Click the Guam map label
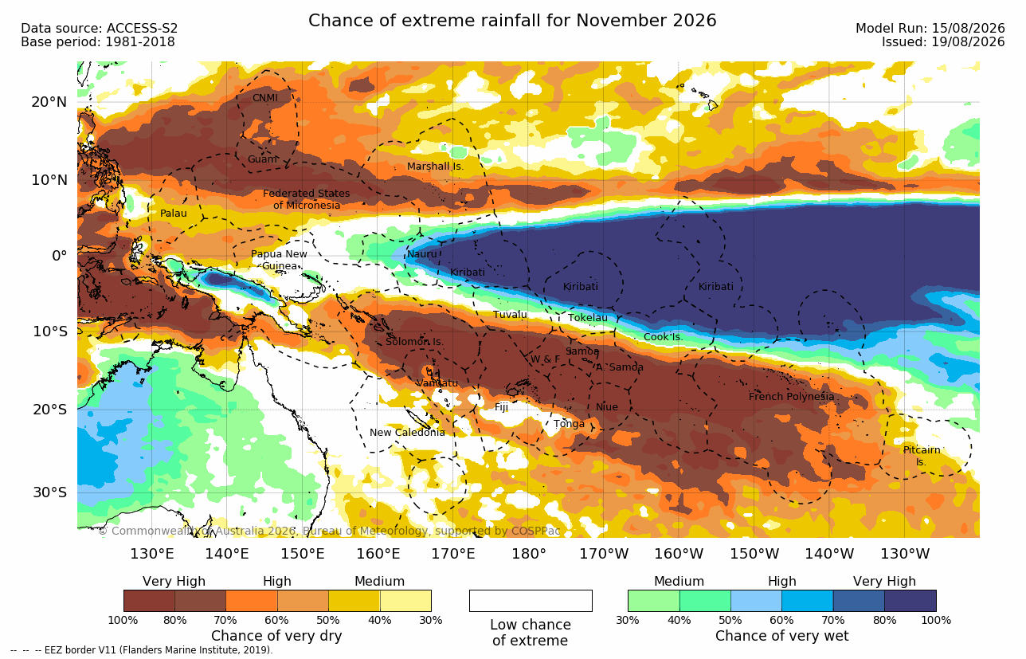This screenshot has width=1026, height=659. [x=262, y=159]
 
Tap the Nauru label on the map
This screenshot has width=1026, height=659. [x=421, y=254]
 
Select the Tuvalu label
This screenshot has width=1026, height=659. [x=510, y=315]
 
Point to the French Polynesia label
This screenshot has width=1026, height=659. [x=791, y=396]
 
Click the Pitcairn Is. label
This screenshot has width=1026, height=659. [x=922, y=456]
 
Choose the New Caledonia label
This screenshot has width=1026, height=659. [x=407, y=432]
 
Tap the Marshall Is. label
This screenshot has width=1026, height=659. [x=435, y=167]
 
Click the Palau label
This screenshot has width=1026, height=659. [x=173, y=213]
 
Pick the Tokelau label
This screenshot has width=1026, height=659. [x=588, y=318]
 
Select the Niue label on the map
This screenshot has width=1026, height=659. [x=606, y=406]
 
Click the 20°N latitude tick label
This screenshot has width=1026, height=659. [x=49, y=102]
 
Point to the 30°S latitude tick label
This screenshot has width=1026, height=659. [x=49, y=492]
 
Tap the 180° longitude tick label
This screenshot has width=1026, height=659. [x=529, y=554]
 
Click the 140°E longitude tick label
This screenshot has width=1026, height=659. [x=227, y=554]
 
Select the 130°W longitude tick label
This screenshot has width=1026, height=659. [x=905, y=554]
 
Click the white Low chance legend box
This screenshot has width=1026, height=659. [x=531, y=600]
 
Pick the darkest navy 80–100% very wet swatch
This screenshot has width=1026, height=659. [x=910, y=600]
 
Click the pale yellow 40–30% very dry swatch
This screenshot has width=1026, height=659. [x=405, y=600]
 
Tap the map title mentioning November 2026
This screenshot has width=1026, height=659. [x=512, y=21]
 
